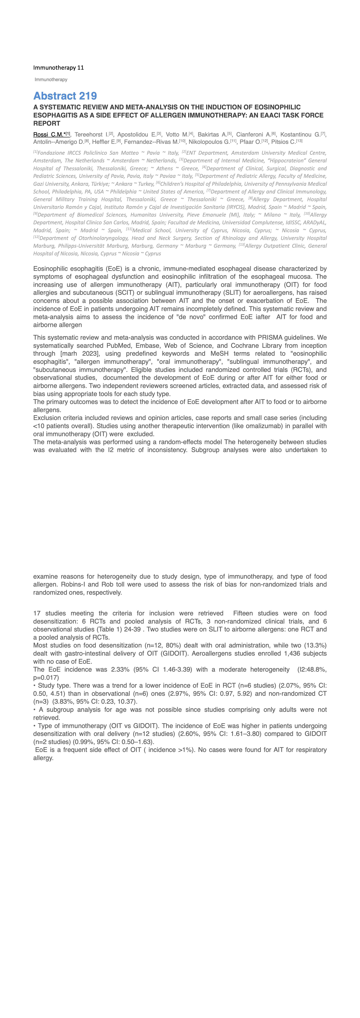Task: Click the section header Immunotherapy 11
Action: click(59, 68)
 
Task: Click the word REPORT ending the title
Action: click(47, 123)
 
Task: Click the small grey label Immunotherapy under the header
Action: click(51, 80)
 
